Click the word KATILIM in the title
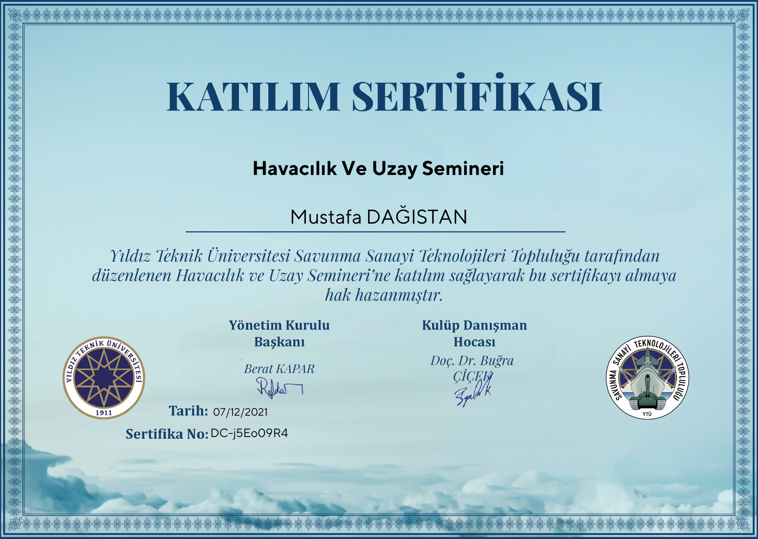pyautogui.click(x=253, y=96)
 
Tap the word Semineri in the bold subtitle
pyautogui.click(x=463, y=169)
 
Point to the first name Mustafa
pyautogui.click(x=326, y=217)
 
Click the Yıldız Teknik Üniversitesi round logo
pyautogui.click(x=104, y=378)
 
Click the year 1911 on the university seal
pyautogui.click(x=104, y=413)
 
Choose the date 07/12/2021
pyautogui.click(x=240, y=412)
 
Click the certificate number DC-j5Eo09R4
pyautogui.click(x=249, y=434)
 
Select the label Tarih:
pyautogui.click(x=188, y=411)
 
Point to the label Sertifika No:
pyautogui.click(x=167, y=434)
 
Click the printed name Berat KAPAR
pyautogui.click(x=279, y=369)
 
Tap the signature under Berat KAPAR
pyautogui.click(x=279, y=387)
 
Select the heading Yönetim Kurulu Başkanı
pyautogui.click(x=279, y=333)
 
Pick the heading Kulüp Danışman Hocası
pyautogui.click(x=474, y=333)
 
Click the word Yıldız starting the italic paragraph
pyautogui.click(x=131, y=256)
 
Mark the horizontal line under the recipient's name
pyautogui.click(x=375, y=232)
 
